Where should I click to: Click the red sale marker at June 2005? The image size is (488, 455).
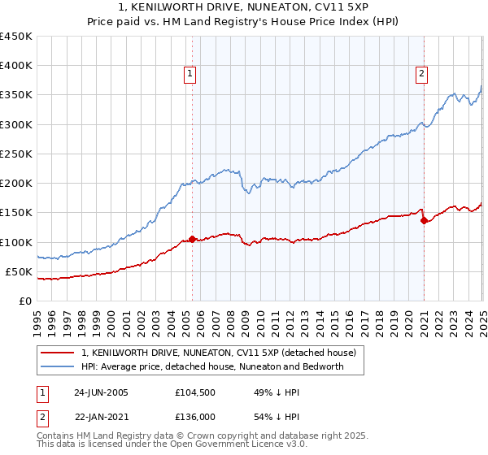pyautogui.click(x=192, y=239)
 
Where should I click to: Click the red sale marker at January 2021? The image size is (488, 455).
pyautogui.click(x=424, y=220)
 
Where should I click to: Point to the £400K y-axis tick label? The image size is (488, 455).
pyautogui.click(x=16, y=66)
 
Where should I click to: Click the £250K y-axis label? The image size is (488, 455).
pyautogui.click(x=16, y=154)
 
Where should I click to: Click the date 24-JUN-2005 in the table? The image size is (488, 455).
pyautogui.click(x=101, y=392)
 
